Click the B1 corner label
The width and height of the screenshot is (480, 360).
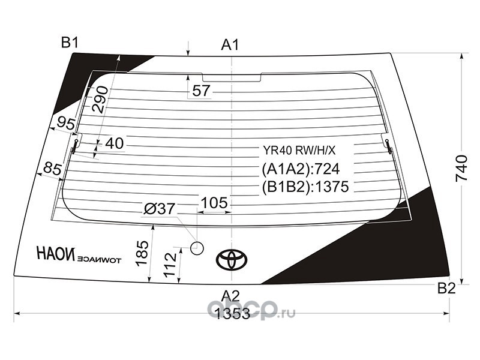(x=70, y=42)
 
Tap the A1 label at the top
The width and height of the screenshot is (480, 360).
(x=230, y=45)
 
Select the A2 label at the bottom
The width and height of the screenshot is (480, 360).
(x=230, y=296)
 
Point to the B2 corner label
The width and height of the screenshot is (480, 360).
(x=446, y=288)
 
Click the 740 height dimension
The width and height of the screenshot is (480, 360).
(x=461, y=169)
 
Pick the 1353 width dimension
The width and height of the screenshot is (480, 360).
(x=233, y=314)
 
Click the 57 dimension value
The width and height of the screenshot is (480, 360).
(x=201, y=91)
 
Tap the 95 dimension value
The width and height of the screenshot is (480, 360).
(x=66, y=124)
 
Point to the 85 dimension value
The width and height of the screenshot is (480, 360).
(x=53, y=169)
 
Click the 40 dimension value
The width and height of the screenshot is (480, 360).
(x=114, y=143)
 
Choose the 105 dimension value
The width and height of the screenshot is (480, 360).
(x=214, y=203)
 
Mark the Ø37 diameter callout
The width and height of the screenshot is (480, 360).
(x=160, y=209)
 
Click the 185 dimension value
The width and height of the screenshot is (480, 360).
(x=142, y=253)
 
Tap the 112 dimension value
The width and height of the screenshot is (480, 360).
(x=170, y=265)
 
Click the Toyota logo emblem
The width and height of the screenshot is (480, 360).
(x=232, y=259)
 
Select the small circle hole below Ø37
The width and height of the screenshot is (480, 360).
(x=197, y=248)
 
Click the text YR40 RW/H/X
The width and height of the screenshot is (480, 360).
(x=299, y=151)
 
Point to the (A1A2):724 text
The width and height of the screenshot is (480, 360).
(x=301, y=169)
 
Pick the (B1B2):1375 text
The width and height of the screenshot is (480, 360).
(x=305, y=187)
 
